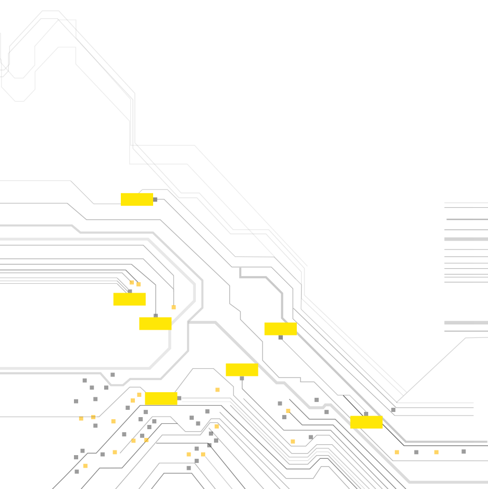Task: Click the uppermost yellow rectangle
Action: coord(137,199)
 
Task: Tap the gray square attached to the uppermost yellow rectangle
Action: coord(155,199)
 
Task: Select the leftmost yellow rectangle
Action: coord(130,299)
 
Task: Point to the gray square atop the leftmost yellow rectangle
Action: coord(130,292)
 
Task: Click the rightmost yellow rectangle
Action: coord(367,422)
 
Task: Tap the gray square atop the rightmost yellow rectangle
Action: coord(366,414)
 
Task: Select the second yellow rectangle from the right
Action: coord(281,329)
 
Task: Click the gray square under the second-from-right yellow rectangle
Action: coord(281,337)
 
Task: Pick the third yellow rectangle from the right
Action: coord(242,370)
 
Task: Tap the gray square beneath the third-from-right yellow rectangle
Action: coord(242,378)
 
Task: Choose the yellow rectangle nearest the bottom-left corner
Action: coord(161,398)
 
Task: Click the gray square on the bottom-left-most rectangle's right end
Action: coord(179,398)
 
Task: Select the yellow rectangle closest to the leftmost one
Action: coord(155,323)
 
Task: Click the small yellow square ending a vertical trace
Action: coord(174,307)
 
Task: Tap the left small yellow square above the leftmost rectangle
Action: coord(132,283)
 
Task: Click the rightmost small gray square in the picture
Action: coord(464,452)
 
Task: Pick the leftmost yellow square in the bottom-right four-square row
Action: coord(397,452)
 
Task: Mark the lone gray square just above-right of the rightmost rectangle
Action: coord(393,410)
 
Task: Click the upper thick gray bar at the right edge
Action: coord(466,239)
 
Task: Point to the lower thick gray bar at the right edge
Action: coord(466,323)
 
